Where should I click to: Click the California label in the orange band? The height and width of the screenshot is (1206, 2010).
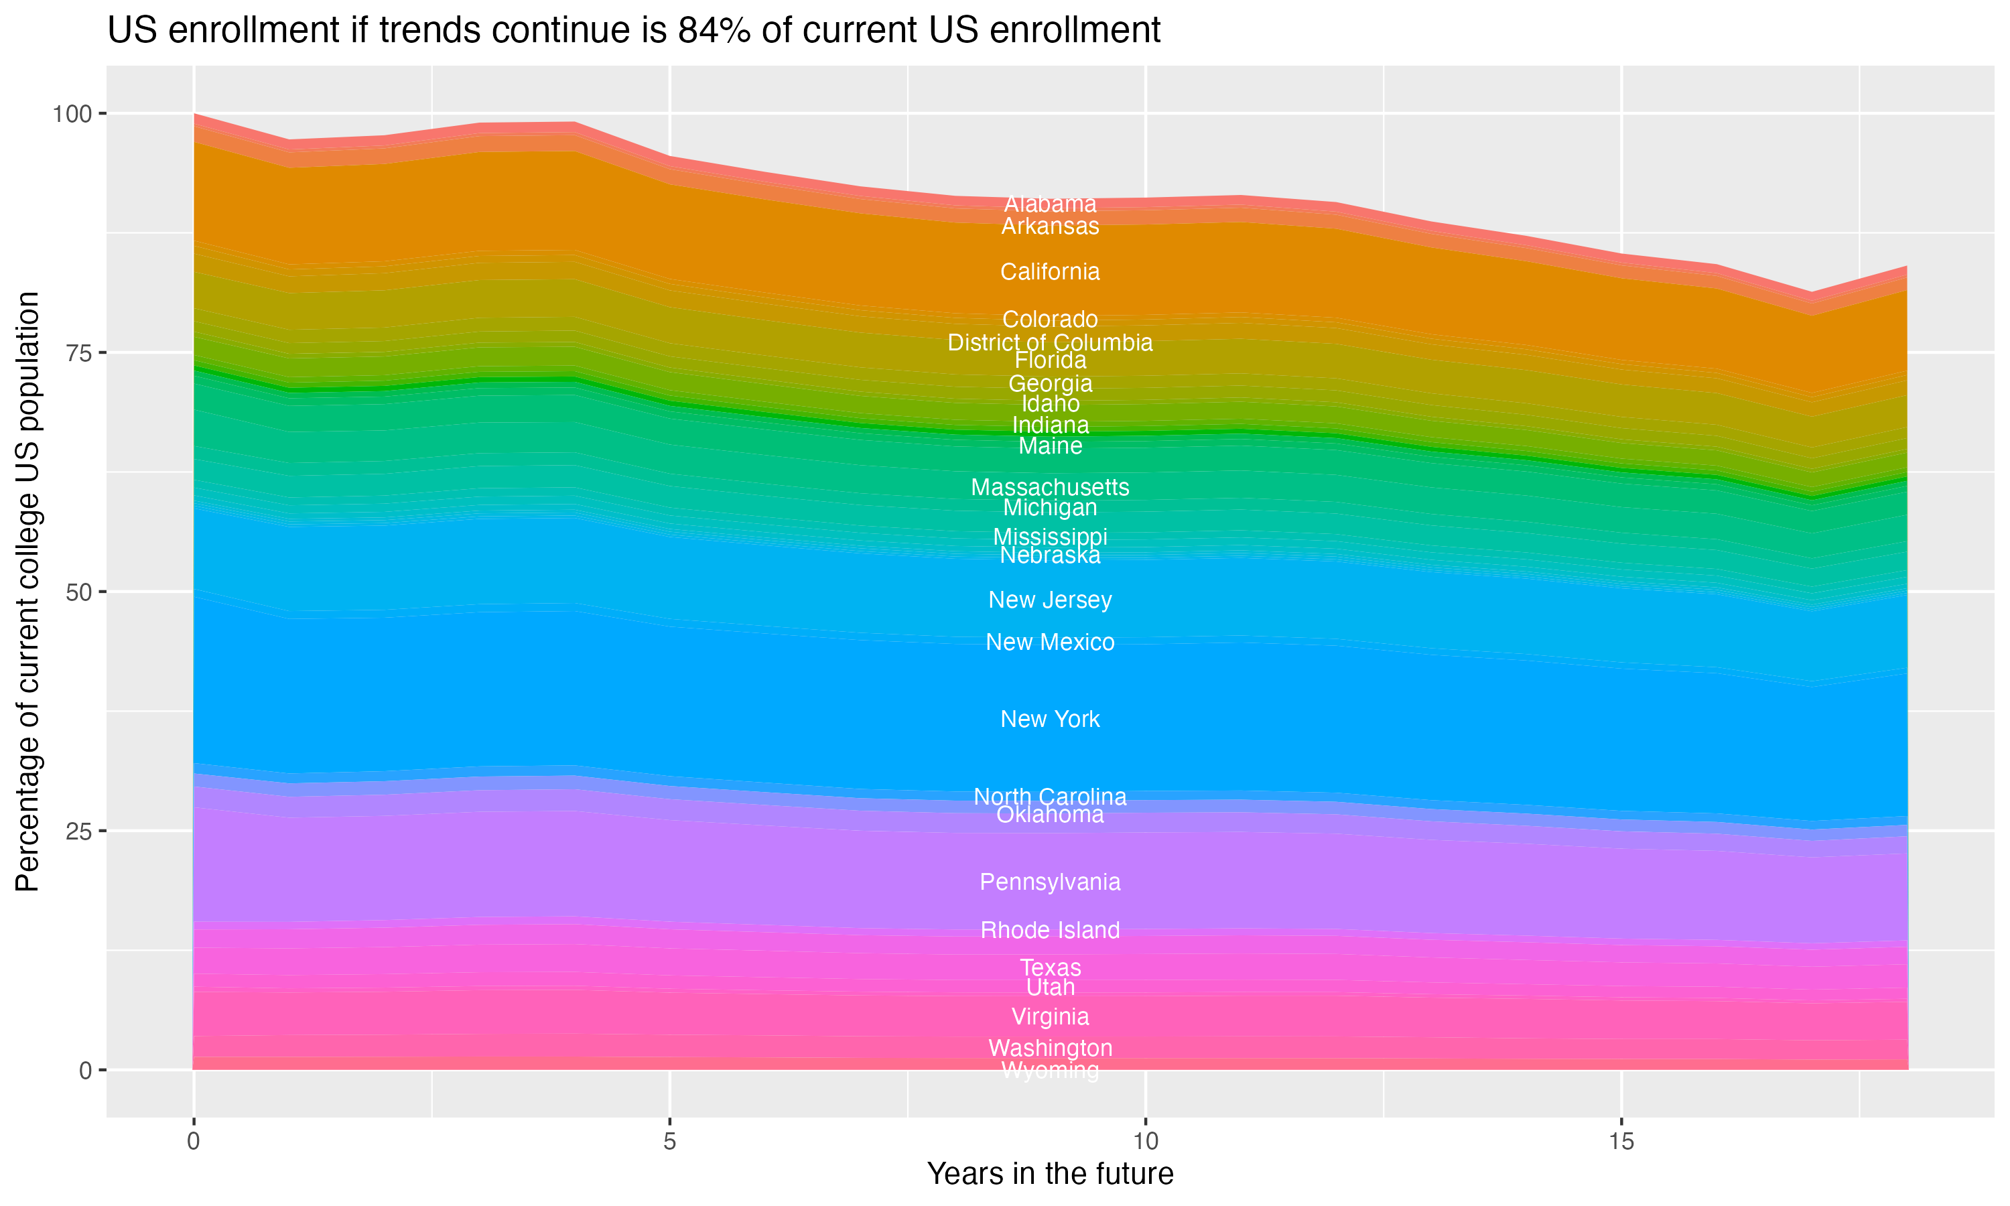pyautogui.click(x=1050, y=271)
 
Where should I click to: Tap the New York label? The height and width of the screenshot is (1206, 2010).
pyautogui.click(x=1050, y=719)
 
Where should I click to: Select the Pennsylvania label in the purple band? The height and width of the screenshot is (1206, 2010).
pyautogui.click(x=1050, y=882)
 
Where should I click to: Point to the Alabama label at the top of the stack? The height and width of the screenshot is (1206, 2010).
pyautogui.click(x=1050, y=203)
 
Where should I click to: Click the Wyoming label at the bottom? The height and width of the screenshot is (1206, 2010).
pyautogui.click(x=1050, y=1070)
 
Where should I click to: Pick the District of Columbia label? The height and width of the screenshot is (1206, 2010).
pyautogui.click(x=1050, y=342)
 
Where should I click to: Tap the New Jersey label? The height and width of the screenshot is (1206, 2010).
pyautogui.click(x=1050, y=600)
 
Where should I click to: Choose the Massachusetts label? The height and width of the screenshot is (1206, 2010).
pyautogui.click(x=1050, y=487)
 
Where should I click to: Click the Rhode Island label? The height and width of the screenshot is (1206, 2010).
pyautogui.click(x=1050, y=930)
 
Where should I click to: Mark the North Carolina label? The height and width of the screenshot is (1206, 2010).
pyautogui.click(x=1050, y=797)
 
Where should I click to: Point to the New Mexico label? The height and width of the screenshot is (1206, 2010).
pyautogui.click(x=1050, y=642)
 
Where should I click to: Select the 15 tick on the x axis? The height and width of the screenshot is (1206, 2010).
pyautogui.click(x=1621, y=1142)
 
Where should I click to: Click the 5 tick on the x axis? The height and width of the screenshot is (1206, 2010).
pyautogui.click(x=669, y=1142)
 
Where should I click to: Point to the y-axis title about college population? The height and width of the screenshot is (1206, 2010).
pyautogui.click(x=27, y=591)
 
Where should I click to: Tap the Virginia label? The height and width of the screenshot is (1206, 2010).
pyautogui.click(x=1050, y=1016)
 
